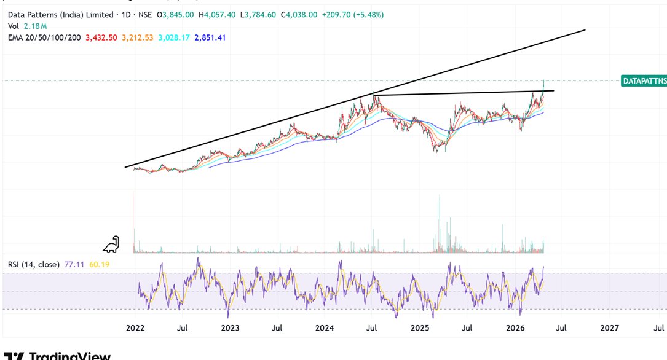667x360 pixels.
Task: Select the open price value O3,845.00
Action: click(x=176, y=14)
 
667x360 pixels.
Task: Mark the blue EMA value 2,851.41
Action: click(x=210, y=37)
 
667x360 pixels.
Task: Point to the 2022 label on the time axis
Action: click(x=135, y=329)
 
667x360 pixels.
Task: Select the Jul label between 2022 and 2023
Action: click(x=183, y=329)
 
